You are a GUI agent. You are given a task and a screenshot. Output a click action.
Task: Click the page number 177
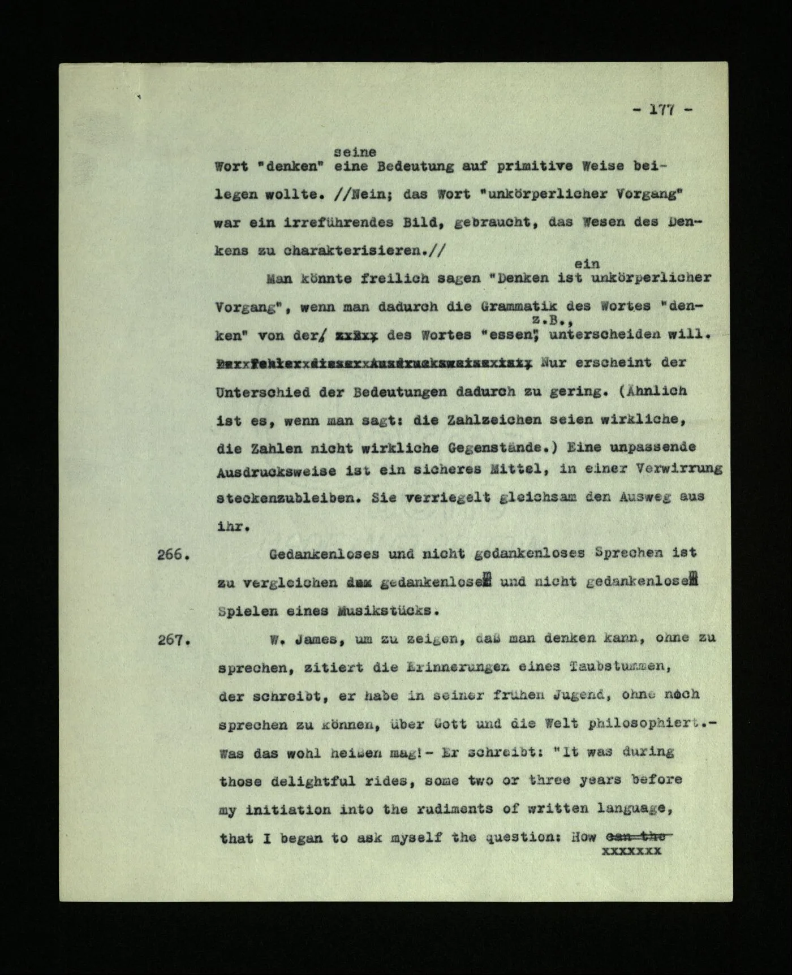click(x=661, y=111)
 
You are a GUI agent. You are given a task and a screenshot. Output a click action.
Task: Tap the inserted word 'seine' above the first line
click(x=355, y=152)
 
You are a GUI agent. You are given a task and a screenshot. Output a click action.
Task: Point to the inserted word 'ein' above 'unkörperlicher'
click(x=587, y=264)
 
